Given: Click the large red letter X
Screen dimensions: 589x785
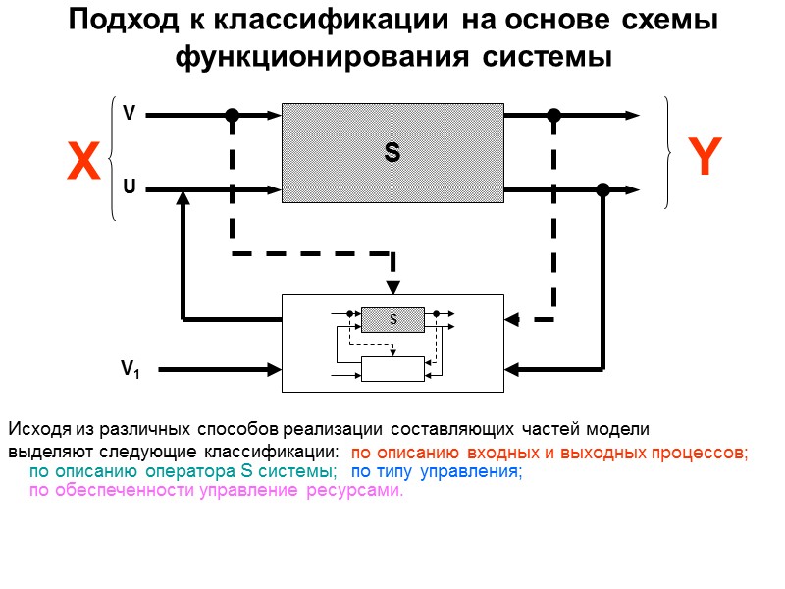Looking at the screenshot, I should point(84,163).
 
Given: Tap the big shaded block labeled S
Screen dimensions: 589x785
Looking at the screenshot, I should point(392,153).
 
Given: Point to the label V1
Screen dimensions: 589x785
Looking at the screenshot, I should point(131,370).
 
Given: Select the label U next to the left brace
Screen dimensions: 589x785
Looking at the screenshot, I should point(129,186).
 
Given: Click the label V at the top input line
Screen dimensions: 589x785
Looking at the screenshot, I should point(129,114).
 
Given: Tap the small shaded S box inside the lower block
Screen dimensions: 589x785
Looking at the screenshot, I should point(392,320).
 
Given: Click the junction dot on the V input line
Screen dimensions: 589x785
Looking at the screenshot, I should point(233,115).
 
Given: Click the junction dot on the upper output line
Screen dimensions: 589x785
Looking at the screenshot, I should point(553,115).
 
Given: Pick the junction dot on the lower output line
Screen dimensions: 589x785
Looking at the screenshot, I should point(602,189).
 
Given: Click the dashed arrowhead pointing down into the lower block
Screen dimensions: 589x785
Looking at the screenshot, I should point(392,287).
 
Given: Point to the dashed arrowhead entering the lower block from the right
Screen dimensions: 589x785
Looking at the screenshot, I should point(512,319).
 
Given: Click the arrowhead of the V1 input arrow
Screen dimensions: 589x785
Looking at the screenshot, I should point(275,370).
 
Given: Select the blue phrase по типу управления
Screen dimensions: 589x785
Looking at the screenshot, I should point(437,472).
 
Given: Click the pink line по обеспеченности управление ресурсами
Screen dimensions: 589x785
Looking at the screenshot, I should point(216,491).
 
